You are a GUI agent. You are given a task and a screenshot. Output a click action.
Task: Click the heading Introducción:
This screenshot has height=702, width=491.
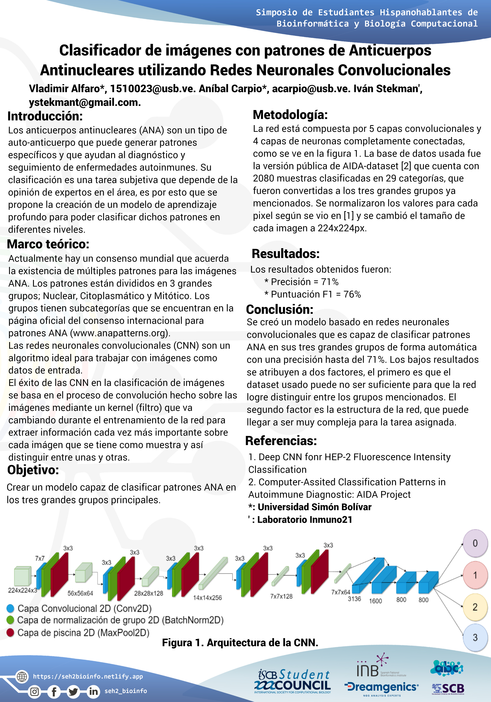[x=45, y=117]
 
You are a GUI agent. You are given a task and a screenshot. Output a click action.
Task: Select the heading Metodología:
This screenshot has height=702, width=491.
[x=290, y=115]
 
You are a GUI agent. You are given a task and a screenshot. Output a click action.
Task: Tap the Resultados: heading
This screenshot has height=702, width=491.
[x=285, y=254]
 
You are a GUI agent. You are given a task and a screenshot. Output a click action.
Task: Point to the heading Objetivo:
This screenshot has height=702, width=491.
[x=33, y=470]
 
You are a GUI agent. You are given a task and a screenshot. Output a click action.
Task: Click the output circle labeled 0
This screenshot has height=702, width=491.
[x=475, y=543]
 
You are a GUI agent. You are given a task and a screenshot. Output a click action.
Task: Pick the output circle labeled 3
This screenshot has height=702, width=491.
[x=475, y=637]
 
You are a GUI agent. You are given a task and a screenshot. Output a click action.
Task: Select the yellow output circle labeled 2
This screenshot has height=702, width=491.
[x=475, y=607]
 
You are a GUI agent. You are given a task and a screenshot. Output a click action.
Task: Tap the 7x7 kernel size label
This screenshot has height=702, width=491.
[x=40, y=558]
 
